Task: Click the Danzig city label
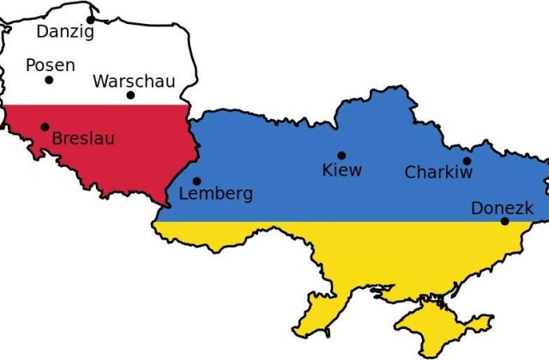click(x=65, y=33)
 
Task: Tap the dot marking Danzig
click(x=91, y=19)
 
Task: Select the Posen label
click(x=50, y=65)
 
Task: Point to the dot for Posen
click(x=49, y=81)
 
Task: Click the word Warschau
click(x=134, y=81)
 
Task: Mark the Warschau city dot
click(x=130, y=95)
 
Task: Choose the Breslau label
click(x=83, y=138)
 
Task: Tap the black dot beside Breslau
click(x=45, y=127)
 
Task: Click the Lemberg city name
click(x=215, y=194)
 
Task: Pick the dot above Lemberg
click(x=196, y=181)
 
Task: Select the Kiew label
click(x=341, y=170)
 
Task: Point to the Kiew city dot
click(x=341, y=155)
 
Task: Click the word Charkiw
click(x=438, y=172)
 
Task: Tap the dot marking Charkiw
click(x=467, y=160)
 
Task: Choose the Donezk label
click(x=502, y=208)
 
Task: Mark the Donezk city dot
click(x=504, y=221)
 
